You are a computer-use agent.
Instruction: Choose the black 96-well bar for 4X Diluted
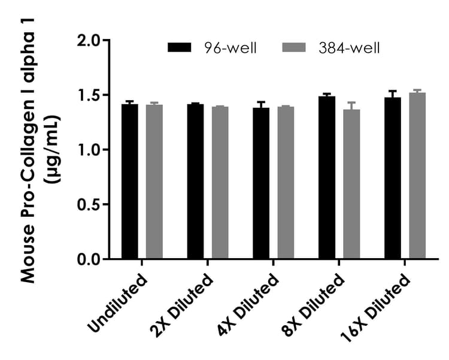(261, 183)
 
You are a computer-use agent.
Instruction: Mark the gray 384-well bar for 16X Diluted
(417, 176)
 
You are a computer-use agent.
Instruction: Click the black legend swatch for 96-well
(180, 48)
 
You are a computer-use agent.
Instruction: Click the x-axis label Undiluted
(117, 303)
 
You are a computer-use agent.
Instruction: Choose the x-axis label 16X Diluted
(376, 308)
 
